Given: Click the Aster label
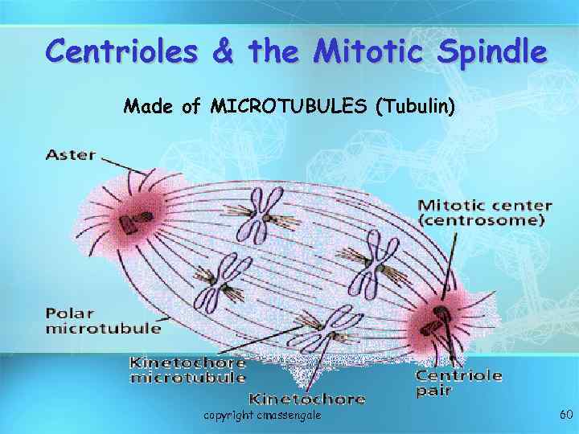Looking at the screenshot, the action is (71, 155).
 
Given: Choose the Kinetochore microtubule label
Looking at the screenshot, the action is (187, 369).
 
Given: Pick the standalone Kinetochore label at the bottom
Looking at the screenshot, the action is (307, 398).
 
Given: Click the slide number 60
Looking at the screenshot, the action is (565, 415).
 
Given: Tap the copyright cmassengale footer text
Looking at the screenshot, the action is (262, 415).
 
